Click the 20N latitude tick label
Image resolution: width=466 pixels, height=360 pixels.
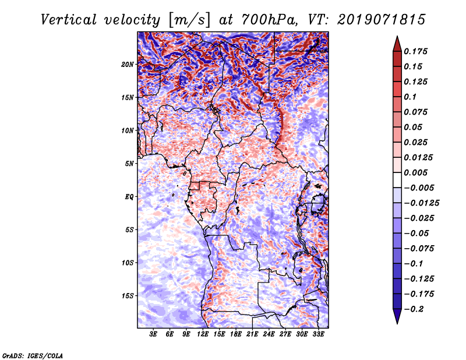[x=128, y=64]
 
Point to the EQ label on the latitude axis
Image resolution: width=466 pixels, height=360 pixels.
[x=130, y=196]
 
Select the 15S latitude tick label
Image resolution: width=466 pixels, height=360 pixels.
[x=128, y=295]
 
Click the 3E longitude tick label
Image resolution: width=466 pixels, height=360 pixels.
[x=154, y=334]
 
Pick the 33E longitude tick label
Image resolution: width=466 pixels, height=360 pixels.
[x=318, y=334]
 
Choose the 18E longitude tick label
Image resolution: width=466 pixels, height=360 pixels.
[x=236, y=334]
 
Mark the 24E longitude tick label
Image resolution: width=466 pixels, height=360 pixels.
[x=269, y=334]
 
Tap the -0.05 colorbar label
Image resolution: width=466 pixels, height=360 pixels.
[x=417, y=233]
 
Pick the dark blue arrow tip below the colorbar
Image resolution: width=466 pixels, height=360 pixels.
[x=396, y=319]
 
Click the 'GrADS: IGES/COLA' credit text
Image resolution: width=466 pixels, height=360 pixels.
[x=32, y=355]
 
